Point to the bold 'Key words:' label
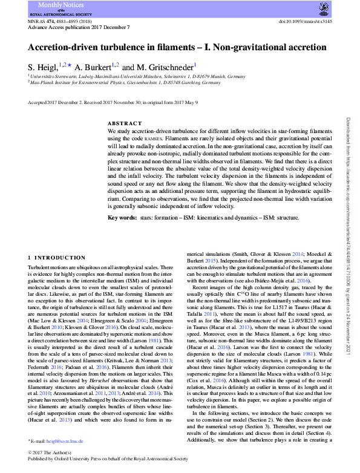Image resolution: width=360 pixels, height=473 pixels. (122, 217)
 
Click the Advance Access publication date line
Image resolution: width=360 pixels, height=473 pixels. (72, 27)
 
